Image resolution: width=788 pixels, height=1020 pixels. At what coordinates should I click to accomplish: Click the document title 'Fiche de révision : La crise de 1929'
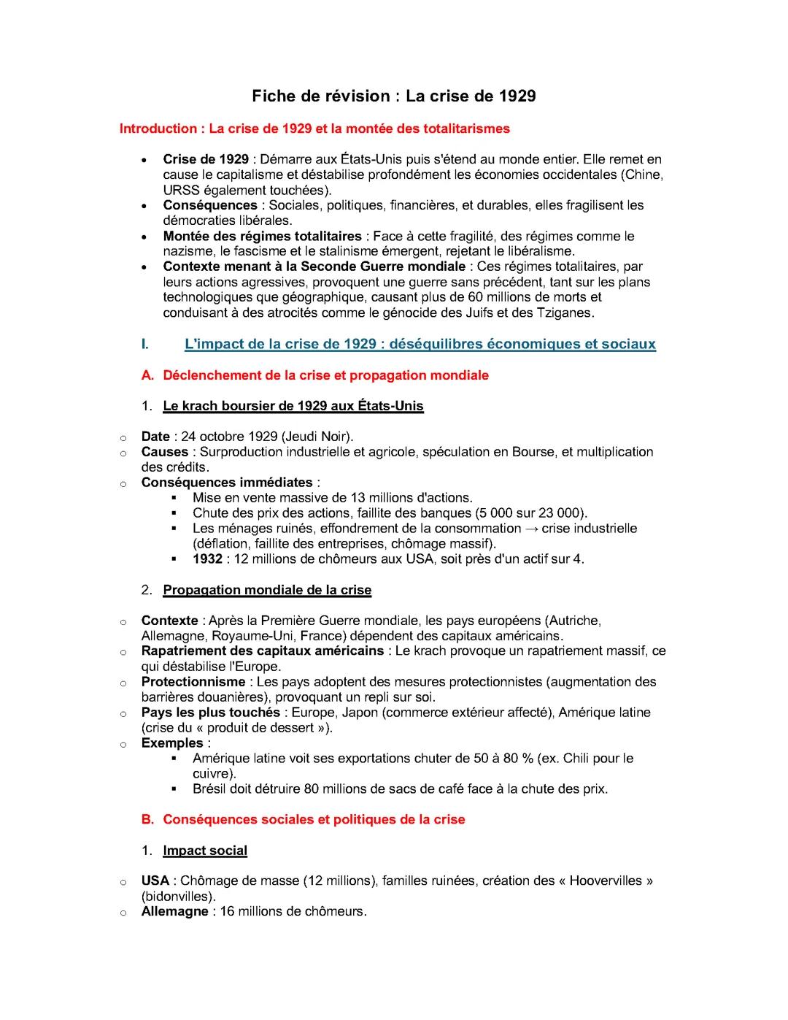[394, 96]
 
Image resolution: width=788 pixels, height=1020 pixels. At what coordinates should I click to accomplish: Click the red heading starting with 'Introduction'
[314, 129]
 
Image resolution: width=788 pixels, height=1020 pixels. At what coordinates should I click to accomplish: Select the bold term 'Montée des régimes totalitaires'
[262, 236]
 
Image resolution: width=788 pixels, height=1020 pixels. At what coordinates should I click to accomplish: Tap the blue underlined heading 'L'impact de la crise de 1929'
[420, 344]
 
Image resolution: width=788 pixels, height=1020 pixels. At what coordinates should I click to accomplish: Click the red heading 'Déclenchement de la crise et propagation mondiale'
[325, 375]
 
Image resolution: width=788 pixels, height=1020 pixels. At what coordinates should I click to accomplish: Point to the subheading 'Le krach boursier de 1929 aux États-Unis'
[293, 406]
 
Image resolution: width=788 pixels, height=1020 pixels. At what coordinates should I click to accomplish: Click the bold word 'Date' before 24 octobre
[155, 437]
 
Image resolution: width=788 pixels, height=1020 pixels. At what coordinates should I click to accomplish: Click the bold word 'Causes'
[164, 452]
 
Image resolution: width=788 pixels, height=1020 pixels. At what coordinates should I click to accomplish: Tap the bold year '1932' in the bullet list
[207, 559]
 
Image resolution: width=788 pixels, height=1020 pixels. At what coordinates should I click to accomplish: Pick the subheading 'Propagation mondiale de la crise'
[267, 590]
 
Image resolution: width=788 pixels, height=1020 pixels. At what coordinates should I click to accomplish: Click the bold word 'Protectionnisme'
[193, 682]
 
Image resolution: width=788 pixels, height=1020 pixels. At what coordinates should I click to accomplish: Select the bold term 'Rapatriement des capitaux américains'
[263, 651]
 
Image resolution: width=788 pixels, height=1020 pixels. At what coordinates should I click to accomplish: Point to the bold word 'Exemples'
[172, 743]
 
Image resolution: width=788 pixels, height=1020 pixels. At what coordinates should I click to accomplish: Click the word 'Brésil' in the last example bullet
[209, 789]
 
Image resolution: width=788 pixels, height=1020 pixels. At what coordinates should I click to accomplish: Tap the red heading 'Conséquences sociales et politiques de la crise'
[314, 820]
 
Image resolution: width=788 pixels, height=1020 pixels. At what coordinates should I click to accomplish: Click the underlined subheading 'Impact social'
[205, 851]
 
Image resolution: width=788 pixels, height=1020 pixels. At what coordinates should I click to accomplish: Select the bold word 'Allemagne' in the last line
[174, 912]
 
